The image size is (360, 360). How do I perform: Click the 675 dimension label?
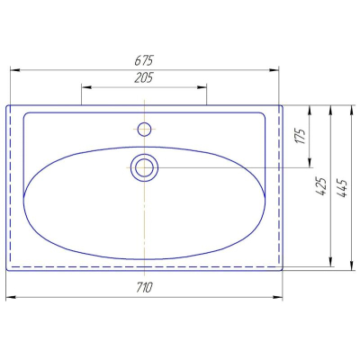(x=144, y=60)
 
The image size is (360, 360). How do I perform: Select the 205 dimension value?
(x=144, y=77)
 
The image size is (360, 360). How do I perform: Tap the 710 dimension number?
(x=145, y=288)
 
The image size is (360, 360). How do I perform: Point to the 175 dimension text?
(x=301, y=136)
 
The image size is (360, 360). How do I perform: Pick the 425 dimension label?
(x=321, y=186)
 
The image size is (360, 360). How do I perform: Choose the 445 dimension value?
(x=342, y=188)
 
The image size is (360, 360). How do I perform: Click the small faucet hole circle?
(x=144, y=130)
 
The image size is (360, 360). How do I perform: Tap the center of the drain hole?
(x=144, y=167)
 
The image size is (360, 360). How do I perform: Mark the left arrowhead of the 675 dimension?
(x=15, y=70)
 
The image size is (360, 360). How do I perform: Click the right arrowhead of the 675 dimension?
(x=274, y=70)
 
